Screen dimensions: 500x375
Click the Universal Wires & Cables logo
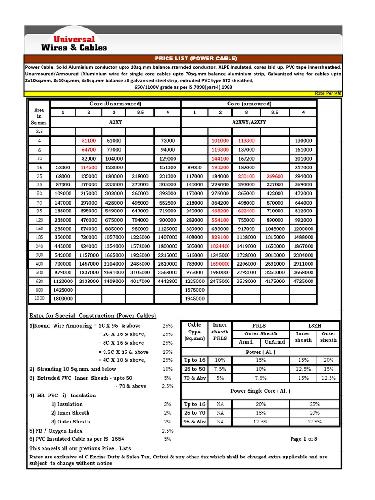[x=74, y=43]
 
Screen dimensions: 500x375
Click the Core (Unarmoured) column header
[x=116, y=104]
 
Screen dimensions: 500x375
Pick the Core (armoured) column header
[x=249, y=104]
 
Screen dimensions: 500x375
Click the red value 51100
[x=89, y=141]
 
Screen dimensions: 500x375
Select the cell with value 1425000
[x=62, y=290]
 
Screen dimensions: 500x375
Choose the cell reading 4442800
[x=167, y=281]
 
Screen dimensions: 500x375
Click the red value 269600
[x=275, y=176]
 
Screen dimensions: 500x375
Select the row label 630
[x=39, y=281]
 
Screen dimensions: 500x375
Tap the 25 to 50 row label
[x=194, y=369]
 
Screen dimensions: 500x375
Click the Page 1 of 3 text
[x=304, y=439]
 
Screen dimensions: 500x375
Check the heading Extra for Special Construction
[x=93, y=315]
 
